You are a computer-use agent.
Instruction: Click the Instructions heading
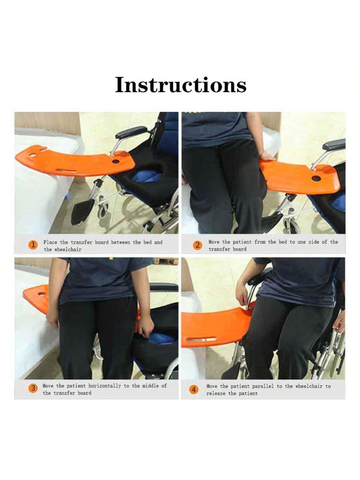coord(181,85)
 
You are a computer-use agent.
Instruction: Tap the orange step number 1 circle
coord(33,245)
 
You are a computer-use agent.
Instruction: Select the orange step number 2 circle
coord(197,245)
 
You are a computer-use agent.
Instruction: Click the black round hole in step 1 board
coord(116,162)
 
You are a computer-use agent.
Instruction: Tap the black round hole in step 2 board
coord(316,179)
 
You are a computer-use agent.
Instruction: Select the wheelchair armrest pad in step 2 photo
coord(334,144)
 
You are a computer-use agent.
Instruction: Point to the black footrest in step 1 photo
coord(83,211)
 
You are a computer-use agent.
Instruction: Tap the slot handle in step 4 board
coord(201,340)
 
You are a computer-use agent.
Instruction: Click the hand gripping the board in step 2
coord(267,156)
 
